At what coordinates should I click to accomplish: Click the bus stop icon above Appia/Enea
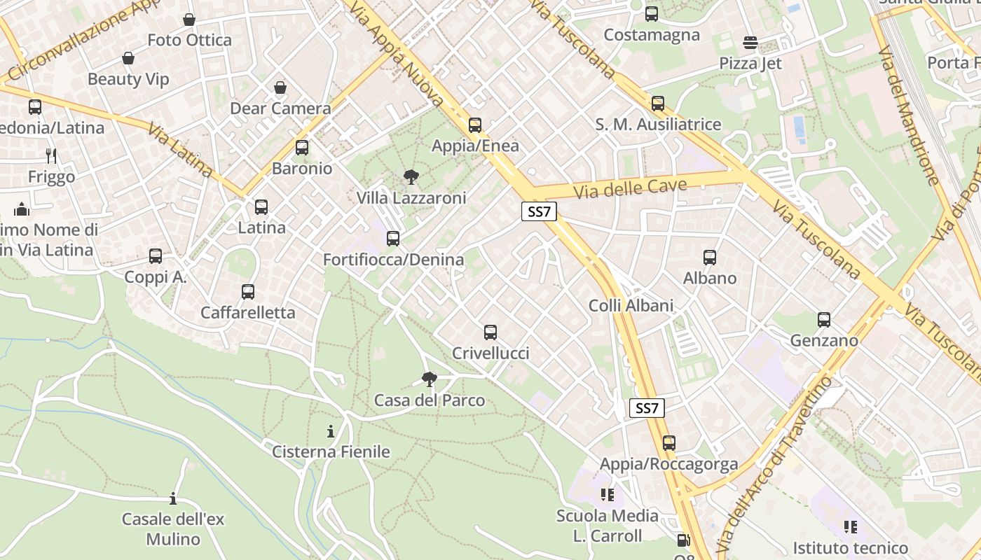tap(475, 125)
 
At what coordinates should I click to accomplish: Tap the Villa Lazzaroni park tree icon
tap(411, 176)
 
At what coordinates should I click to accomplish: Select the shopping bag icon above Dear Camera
tap(280, 87)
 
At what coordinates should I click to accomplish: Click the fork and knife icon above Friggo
tap(51, 155)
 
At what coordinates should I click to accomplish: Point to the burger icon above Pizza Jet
tap(750, 43)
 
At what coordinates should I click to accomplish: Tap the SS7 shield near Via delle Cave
tap(539, 212)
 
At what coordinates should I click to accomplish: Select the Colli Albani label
tap(631, 305)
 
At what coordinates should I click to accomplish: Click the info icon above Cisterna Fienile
tap(331, 431)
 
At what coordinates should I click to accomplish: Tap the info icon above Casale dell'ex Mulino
tap(173, 499)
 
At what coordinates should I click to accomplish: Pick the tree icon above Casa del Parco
tap(430, 379)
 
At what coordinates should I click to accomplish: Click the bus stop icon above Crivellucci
tap(490, 332)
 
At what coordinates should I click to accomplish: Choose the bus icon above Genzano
tap(824, 320)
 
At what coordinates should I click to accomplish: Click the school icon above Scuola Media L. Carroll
tap(607, 496)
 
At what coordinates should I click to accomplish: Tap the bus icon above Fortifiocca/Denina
tap(393, 239)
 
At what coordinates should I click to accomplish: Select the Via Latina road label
tap(181, 149)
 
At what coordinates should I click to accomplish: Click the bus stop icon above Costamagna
tap(652, 14)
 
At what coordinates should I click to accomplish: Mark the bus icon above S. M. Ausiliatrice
tap(658, 104)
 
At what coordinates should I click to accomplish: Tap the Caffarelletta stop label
tap(248, 312)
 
